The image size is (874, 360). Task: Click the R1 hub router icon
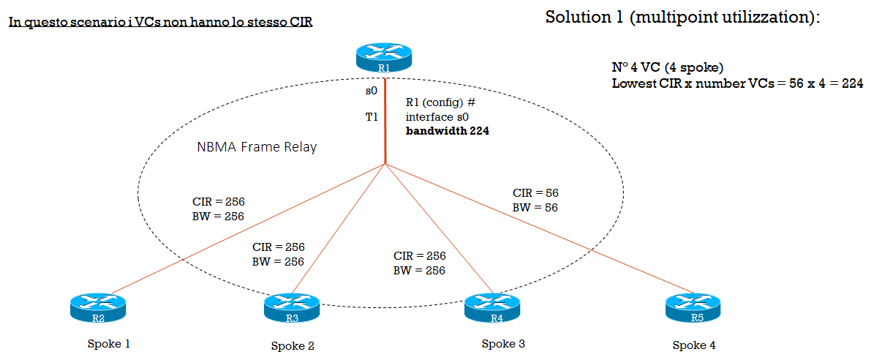(x=384, y=57)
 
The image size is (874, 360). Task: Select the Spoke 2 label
(x=293, y=345)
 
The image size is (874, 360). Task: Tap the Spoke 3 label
(x=503, y=343)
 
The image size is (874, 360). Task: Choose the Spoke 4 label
(x=694, y=345)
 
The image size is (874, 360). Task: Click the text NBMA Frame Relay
(x=257, y=147)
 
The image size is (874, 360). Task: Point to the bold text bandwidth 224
(x=448, y=132)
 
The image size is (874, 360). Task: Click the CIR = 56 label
(x=535, y=193)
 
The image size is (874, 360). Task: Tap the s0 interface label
(x=371, y=91)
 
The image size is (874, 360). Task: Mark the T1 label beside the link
(x=371, y=117)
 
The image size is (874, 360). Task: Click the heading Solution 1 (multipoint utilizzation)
(x=683, y=18)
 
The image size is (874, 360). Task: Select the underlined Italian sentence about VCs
(x=160, y=23)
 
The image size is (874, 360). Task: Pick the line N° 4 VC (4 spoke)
(x=667, y=67)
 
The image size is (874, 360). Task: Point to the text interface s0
(x=438, y=117)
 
